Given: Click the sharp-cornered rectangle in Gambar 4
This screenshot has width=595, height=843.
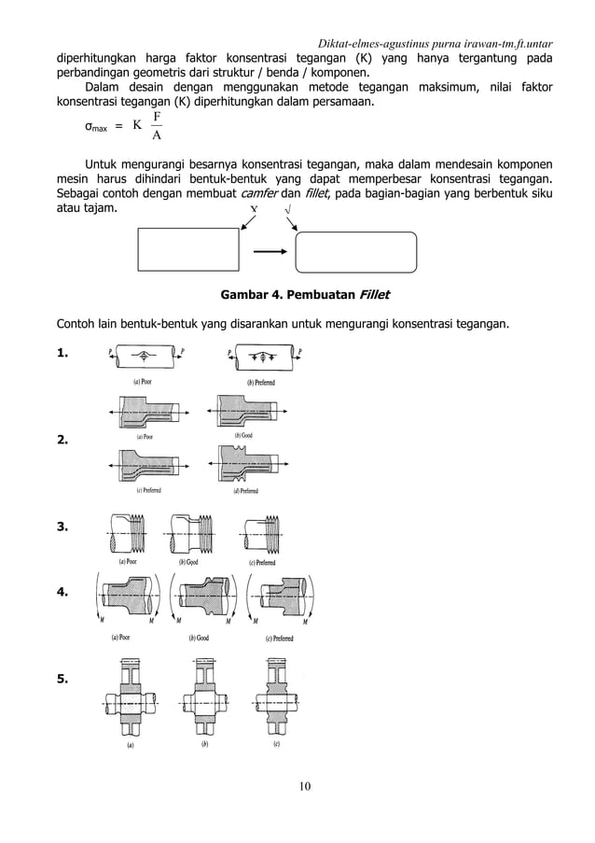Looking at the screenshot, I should [x=189, y=250].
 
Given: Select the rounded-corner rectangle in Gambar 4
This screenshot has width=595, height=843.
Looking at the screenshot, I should [x=355, y=250].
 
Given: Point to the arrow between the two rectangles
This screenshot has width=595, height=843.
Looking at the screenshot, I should [x=270, y=250].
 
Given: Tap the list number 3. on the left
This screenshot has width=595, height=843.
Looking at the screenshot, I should [x=63, y=527].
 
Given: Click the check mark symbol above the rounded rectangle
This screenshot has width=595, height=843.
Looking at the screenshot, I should [x=286, y=211].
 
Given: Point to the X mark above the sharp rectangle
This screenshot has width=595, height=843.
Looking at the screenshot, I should [x=254, y=211].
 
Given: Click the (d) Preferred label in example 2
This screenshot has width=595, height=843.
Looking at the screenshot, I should [x=242, y=491].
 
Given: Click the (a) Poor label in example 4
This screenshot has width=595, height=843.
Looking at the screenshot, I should [x=116, y=639].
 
